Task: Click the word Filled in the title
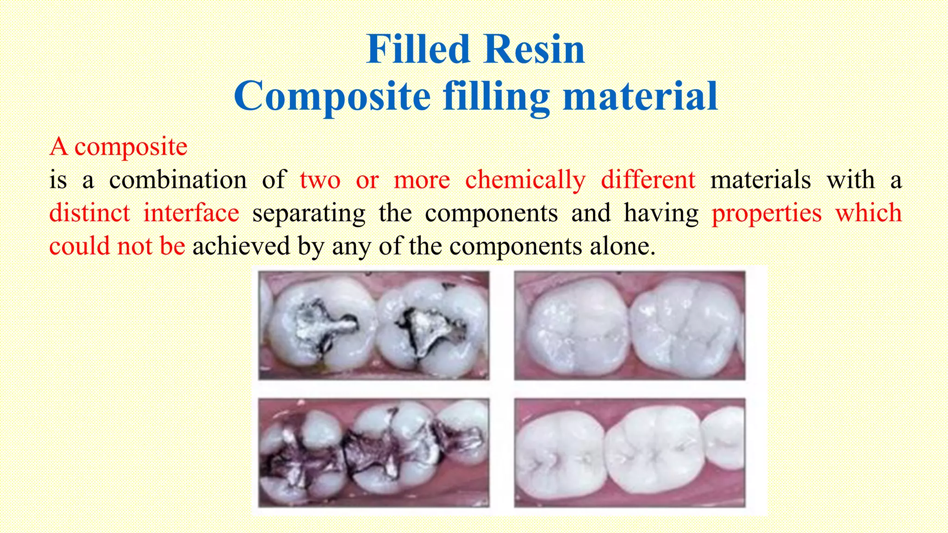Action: pyautogui.click(x=418, y=50)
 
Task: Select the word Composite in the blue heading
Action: pyautogui.click(x=332, y=96)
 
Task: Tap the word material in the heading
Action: pyautogui.click(x=640, y=96)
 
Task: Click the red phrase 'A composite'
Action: pyautogui.click(x=118, y=147)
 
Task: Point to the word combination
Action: pyautogui.click(x=178, y=180)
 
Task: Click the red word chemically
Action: pyautogui.click(x=525, y=180)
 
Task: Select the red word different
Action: pyautogui.click(x=648, y=180)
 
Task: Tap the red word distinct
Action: pyautogui.click(x=89, y=213)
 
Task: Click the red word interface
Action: pyautogui.click(x=191, y=213)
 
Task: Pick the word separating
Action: pyautogui.click(x=309, y=214)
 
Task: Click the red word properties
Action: pyautogui.click(x=766, y=214)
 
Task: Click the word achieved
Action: pyautogui.click(x=241, y=246)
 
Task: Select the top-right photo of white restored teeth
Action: pyautogui.click(x=630, y=325)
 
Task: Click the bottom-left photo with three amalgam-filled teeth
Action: pyautogui.click(x=374, y=452)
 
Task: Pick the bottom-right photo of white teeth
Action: pyautogui.click(x=630, y=452)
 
